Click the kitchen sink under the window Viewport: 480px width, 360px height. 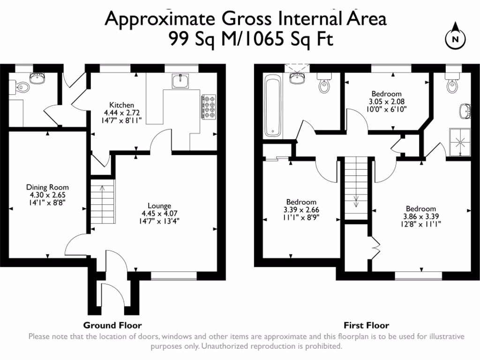[180, 82]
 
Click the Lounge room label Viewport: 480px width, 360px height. [159, 205]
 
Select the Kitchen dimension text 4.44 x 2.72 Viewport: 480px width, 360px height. [122, 112]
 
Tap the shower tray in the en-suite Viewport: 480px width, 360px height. [459, 141]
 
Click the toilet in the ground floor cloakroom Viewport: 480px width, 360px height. [22, 87]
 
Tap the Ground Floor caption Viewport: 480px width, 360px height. [112, 325]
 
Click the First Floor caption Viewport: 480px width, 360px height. [366, 325]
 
